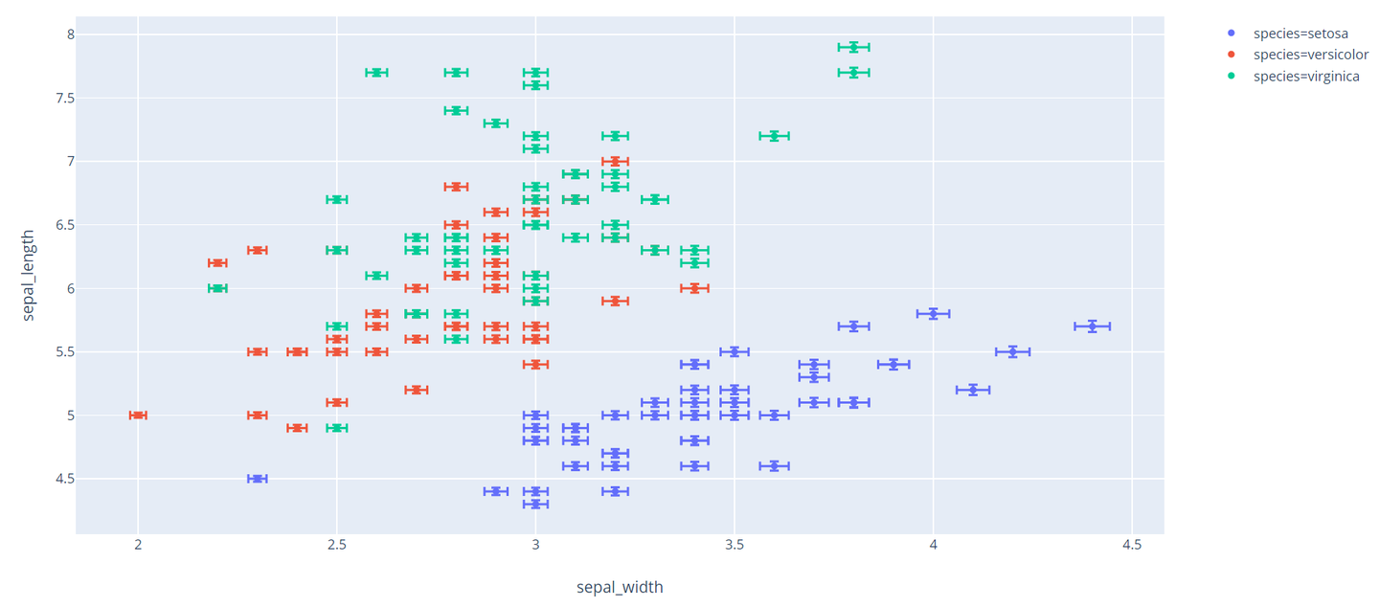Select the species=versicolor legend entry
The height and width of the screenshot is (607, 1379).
click(1310, 55)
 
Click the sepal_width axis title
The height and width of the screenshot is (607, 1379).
click(620, 587)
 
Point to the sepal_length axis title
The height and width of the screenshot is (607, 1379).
click(28, 274)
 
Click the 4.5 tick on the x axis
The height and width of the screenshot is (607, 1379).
click(1132, 546)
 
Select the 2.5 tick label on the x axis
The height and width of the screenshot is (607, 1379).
click(337, 546)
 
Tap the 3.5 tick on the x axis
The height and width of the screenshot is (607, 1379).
click(735, 546)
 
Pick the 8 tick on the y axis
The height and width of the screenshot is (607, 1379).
click(57, 34)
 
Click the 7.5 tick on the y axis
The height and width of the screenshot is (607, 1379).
click(52, 98)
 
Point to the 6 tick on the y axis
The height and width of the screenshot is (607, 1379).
click(57, 288)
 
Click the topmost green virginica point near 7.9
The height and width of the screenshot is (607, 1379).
click(853, 47)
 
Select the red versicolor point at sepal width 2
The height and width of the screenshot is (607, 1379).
click(138, 415)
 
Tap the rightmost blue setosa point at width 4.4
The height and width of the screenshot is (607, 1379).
click(1092, 326)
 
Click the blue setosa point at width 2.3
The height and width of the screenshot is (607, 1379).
click(257, 479)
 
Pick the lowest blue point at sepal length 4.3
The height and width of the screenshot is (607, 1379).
click(536, 504)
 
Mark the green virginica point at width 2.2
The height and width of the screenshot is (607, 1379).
click(217, 288)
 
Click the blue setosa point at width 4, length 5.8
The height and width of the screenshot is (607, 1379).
click(933, 313)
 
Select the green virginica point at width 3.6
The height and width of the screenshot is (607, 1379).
click(774, 136)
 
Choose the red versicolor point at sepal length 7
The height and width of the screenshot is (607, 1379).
click(616, 161)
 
